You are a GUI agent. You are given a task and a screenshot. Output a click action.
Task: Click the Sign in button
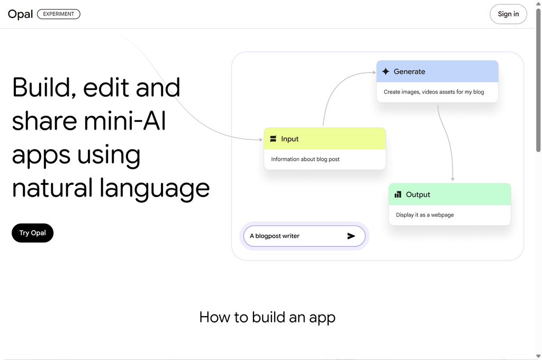point(508,14)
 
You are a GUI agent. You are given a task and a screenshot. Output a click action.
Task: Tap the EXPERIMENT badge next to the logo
point(58,14)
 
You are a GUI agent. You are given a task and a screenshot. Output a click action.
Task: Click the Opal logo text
point(21,14)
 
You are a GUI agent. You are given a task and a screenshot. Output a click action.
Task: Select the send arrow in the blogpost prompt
point(351,236)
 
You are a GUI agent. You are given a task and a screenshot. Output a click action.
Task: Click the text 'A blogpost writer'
point(275,236)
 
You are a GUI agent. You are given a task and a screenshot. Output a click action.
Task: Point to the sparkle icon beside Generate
point(386,71)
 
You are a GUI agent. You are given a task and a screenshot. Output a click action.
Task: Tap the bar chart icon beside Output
point(398,194)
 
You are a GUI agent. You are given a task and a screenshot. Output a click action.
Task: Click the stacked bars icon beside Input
point(273,139)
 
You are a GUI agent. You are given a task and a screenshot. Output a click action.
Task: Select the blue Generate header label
point(410,71)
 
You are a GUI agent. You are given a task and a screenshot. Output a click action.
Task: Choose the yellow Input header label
point(290,139)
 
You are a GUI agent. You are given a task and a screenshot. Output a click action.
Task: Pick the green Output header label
point(418,195)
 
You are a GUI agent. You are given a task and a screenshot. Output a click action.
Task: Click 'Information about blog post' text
point(305,159)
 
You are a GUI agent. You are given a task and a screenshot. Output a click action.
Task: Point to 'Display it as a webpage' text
point(425,215)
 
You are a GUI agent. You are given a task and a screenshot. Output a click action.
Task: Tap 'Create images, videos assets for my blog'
point(434,92)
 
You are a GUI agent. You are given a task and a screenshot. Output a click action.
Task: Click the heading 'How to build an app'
point(267,318)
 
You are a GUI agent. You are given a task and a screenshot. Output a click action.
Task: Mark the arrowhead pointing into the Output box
point(453,179)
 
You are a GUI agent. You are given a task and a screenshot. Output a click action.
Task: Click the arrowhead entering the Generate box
point(374,73)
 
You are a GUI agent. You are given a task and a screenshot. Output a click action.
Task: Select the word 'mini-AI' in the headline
point(125,121)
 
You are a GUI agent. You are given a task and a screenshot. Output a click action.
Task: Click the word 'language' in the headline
point(155,189)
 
